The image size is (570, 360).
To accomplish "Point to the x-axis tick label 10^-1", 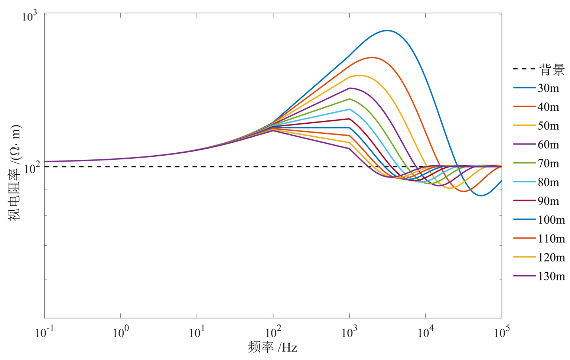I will pyautogui.click(x=44, y=333).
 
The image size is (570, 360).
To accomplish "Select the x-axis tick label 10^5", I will pyautogui.click(x=501, y=333).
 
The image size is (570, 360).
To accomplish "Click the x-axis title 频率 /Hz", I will pyautogui.click(x=272, y=347).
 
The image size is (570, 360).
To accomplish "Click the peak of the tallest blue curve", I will pyautogui.click(x=387, y=30).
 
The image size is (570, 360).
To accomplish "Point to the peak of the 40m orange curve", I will pyautogui.click(x=372, y=58).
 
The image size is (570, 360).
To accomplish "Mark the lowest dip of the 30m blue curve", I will pyautogui.click(x=481, y=195).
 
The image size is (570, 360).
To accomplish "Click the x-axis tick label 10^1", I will pyautogui.click(x=196, y=333).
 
